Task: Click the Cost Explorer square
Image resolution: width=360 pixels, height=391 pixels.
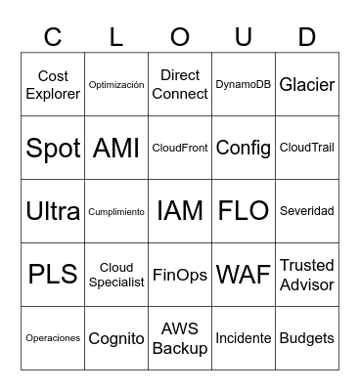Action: [53, 85]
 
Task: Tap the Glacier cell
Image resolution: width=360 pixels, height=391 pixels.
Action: [307, 85]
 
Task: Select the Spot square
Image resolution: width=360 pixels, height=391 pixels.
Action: [53, 149]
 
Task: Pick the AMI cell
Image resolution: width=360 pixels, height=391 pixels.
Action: [116, 149]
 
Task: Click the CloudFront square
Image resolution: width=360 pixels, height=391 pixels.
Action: [180, 149]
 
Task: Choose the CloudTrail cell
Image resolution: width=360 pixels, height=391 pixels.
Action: [307, 149]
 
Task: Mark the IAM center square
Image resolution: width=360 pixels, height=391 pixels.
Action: [180, 211]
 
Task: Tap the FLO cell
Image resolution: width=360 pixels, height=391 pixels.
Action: [244, 211]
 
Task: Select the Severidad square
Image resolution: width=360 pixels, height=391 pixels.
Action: [307, 211]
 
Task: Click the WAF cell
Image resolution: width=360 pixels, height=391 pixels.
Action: [244, 275]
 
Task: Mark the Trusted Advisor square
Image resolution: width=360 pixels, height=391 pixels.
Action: [307, 275]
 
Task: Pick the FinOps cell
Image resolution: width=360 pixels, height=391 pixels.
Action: [180, 275]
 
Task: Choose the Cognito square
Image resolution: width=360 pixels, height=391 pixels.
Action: [116, 338]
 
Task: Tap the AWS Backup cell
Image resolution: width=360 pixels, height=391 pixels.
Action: [180, 338]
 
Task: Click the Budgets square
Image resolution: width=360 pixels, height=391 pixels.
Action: [307, 338]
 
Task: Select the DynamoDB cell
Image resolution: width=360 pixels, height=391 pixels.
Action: [244, 85]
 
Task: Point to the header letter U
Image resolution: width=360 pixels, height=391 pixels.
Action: [244, 37]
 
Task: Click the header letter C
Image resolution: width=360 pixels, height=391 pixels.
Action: [53, 37]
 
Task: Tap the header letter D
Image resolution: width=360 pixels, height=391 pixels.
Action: [307, 37]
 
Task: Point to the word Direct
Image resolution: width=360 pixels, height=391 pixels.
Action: [180, 75]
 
